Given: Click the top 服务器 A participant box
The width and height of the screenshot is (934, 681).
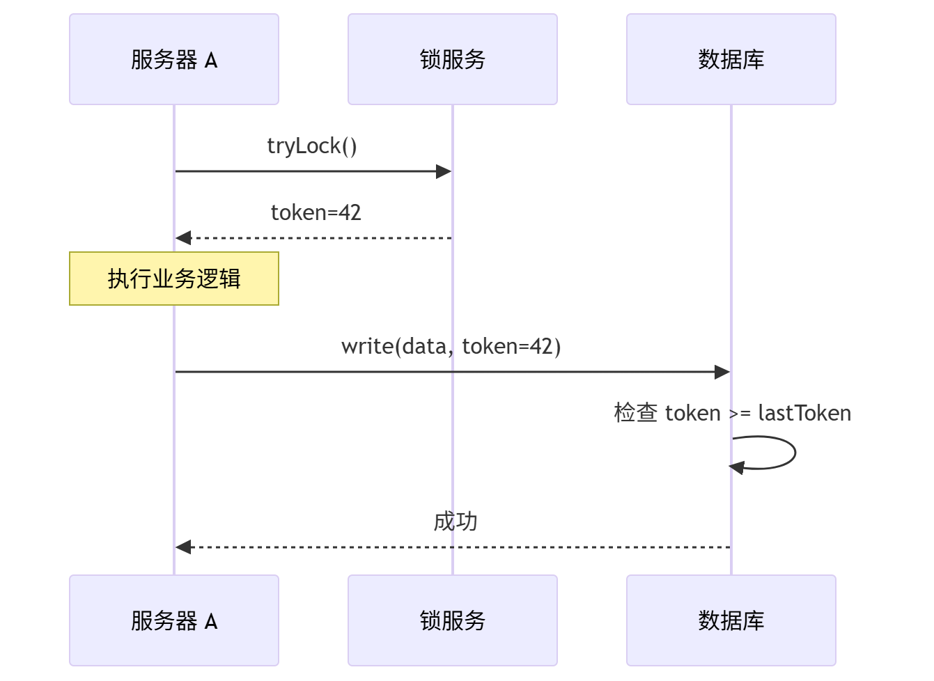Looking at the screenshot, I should click(x=174, y=59).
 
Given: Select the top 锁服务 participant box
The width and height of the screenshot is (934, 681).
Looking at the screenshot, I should click(x=453, y=59).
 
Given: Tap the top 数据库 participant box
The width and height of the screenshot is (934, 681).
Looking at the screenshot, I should click(x=731, y=59).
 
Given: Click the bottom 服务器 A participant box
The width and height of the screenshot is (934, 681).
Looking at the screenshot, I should click(x=174, y=620).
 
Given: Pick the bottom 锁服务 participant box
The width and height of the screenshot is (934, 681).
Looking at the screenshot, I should click(x=453, y=620).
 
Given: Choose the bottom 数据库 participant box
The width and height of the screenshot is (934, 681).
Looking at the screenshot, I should click(x=731, y=620).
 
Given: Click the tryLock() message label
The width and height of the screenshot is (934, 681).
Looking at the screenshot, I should click(x=312, y=146).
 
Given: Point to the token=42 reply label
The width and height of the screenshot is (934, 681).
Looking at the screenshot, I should click(x=316, y=212).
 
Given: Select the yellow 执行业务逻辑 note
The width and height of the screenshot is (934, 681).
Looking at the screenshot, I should click(x=174, y=279).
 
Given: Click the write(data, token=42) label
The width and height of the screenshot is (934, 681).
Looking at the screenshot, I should click(x=451, y=346).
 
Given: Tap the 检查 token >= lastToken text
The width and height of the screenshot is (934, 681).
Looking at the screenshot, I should click(x=732, y=413).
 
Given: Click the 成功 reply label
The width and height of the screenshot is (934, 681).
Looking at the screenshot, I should click(x=456, y=521).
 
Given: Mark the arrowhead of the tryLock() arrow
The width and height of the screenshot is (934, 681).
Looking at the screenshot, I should click(x=444, y=171).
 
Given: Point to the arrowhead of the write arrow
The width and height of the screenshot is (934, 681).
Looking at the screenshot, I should click(x=722, y=372).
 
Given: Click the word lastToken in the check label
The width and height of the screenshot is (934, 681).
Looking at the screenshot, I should click(x=804, y=413).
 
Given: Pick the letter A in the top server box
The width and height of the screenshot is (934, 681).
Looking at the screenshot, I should click(x=211, y=61).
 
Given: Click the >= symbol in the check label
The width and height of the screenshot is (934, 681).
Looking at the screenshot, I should click(x=740, y=414).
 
